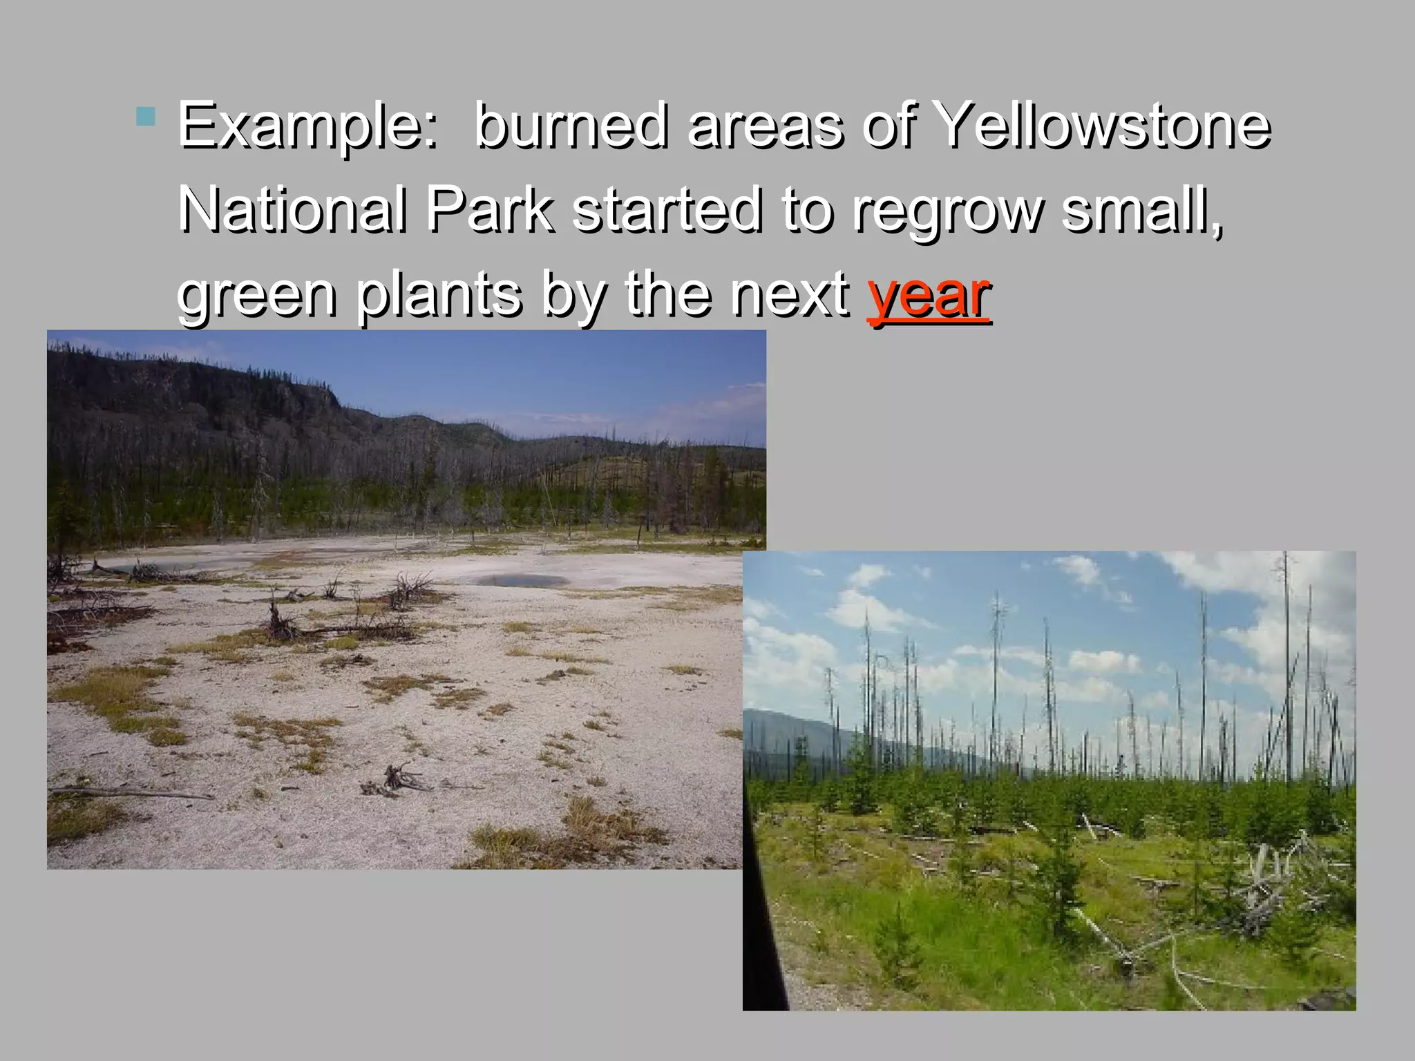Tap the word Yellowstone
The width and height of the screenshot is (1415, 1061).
click(1101, 125)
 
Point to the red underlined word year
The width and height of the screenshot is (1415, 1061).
click(929, 296)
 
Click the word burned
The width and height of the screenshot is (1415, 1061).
click(572, 125)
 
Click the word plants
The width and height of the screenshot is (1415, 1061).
click(438, 296)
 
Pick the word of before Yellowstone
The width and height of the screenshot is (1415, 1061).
click(889, 125)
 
